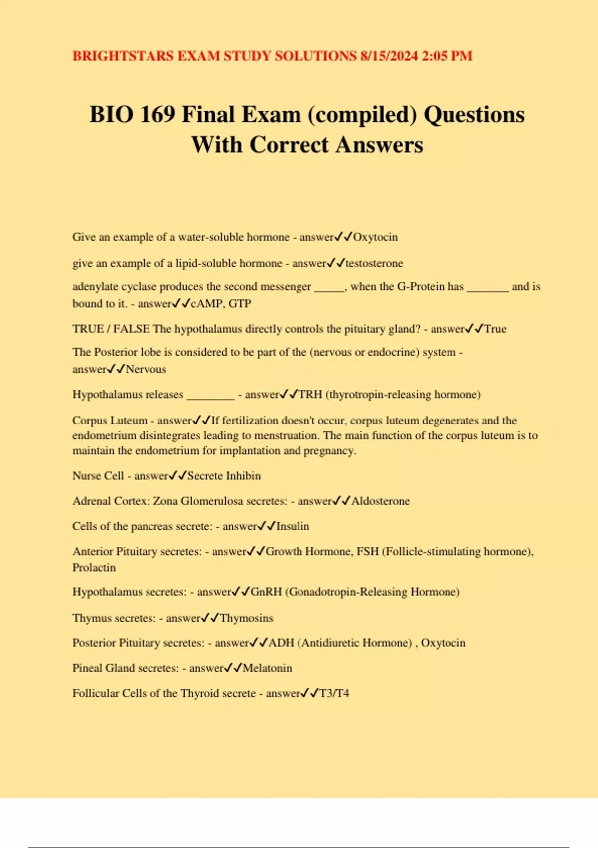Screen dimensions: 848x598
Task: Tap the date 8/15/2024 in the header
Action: (x=389, y=56)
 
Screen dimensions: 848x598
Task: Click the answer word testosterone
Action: (x=374, y=263)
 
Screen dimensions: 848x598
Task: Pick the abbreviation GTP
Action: (x=240, y=304)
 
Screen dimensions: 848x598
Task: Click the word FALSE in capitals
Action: (x=131, y=329)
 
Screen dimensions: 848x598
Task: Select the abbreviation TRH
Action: (x=310, y=395)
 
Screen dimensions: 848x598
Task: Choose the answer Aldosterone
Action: (x=381, y=501)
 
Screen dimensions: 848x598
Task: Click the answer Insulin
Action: (x=293, y=526)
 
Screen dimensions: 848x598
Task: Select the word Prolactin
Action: (x=94, y=568)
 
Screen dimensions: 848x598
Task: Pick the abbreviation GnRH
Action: (x=266, y=592)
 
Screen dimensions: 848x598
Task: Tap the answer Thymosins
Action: (x=247, y=618)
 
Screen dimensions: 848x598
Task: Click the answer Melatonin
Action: (x=267, y=668)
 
